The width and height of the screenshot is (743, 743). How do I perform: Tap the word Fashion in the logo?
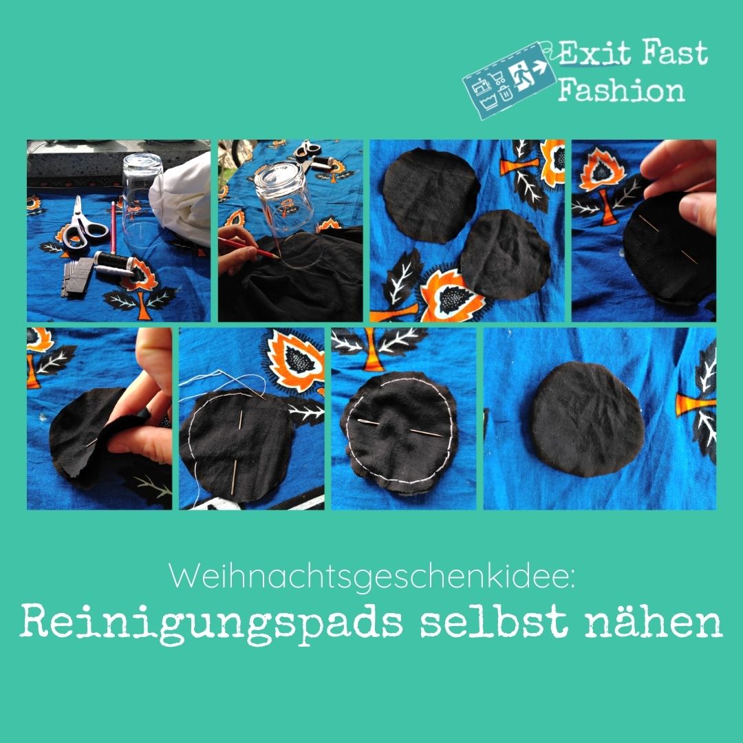click(x=621, y=90)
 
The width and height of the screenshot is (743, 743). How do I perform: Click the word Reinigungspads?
click(x=211, y=623)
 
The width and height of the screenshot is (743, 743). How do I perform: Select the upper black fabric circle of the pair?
click(x=430, y=195)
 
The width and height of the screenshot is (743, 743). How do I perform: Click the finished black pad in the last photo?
click(x=587, y=419)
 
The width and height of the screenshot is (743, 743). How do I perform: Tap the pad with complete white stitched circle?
click(x=400, y=431)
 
